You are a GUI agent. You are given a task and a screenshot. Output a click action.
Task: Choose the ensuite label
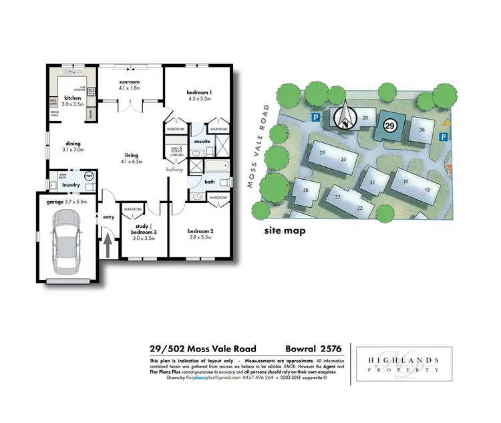tap(202, 142)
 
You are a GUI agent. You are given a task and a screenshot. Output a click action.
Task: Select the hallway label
tap(174, 170)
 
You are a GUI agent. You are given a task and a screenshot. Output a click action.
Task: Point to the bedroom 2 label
tap(201, 234)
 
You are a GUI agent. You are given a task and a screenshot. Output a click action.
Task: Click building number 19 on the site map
tap(426, 190)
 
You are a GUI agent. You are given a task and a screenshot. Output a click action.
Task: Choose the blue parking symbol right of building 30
tap(442, 137)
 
